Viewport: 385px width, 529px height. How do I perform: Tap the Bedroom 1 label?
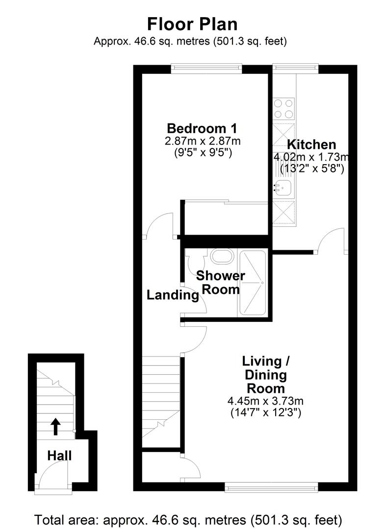202,129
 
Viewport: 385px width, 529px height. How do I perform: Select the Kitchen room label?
311,144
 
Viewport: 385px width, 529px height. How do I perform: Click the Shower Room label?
221,282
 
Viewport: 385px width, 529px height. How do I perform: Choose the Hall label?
59,456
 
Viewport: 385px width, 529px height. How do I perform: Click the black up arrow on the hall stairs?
55,426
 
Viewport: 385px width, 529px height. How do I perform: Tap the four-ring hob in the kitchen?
284,109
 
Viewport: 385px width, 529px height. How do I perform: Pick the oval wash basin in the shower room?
222,256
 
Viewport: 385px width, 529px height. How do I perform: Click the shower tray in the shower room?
252,283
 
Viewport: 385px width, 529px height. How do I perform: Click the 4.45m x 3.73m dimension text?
265,401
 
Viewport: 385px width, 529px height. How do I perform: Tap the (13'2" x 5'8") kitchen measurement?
311,168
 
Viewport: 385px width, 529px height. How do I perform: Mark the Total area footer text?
192,519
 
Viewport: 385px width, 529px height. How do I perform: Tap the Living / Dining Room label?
266,375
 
